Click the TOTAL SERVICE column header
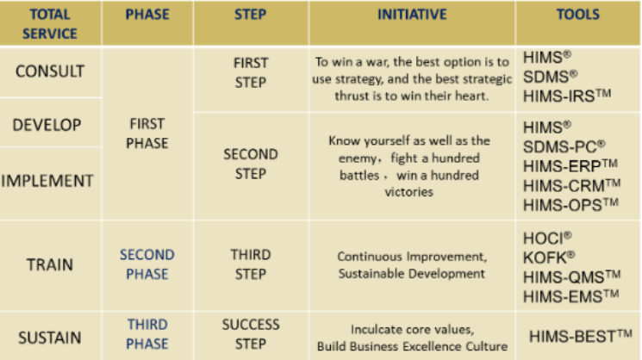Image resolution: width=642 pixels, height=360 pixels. click(49, 24)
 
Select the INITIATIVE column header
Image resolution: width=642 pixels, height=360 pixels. click(412, 15)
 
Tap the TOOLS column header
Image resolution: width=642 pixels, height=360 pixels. click(577, 15)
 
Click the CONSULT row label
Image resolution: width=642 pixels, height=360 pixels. click(50, 71)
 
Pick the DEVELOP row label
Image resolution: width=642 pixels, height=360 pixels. click(47, 125)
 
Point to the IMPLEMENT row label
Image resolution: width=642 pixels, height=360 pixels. click(47, 181)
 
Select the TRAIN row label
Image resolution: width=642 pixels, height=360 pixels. click(50, 264)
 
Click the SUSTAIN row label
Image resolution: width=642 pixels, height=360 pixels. click(49, 338)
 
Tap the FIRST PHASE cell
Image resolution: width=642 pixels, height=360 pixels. click(147, 133)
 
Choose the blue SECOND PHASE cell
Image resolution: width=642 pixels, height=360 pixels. click(147, 264)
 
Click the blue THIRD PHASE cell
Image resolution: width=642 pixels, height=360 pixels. click(147, 334)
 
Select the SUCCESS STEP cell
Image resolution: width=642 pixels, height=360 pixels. click(251, 334)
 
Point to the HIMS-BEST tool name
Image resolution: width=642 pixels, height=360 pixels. click(581, 336)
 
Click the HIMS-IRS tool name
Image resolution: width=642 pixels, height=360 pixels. click(567, 96)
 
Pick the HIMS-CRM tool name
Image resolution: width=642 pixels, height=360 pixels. click(571, 186)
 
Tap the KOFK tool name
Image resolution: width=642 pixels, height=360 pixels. click(549, 258)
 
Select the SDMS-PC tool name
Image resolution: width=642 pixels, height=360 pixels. click(564, 146)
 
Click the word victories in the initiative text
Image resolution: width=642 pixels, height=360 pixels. click(408, 192)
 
